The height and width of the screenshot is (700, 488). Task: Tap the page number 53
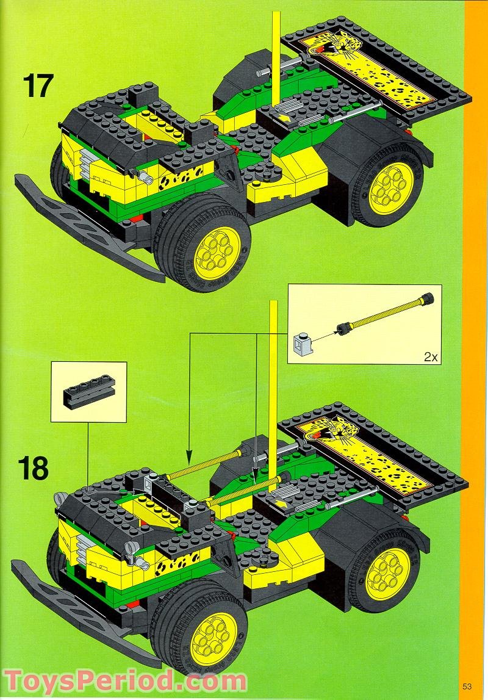click(467, 684)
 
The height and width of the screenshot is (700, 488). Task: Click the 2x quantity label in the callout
click(431, 357)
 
